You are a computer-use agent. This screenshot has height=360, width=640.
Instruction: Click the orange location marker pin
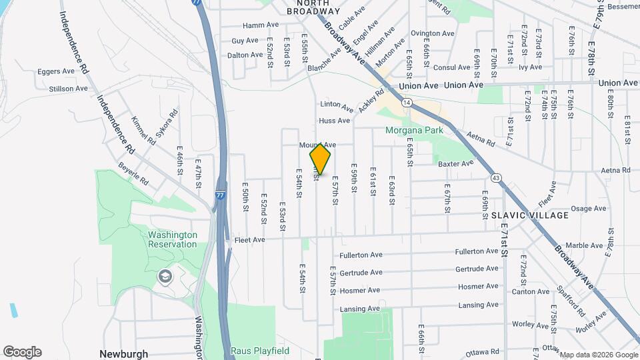point(320,159)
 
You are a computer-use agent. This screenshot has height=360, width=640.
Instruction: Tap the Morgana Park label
point(414,130)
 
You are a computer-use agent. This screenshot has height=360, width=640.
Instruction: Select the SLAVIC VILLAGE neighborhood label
point(530,215)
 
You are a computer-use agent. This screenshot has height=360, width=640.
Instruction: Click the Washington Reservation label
point(173,239)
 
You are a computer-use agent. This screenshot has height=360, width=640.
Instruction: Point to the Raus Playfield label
point(259,351)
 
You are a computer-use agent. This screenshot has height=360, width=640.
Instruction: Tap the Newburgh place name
point(123,354)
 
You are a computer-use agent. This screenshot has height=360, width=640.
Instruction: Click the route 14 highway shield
point(406,103)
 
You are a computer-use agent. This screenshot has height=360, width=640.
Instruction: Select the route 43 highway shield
point(495,177)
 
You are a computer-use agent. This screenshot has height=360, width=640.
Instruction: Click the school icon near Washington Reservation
point(164,276)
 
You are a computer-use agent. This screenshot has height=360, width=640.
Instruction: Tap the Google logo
point(22,352)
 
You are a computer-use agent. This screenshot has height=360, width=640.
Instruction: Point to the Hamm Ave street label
point(260,25)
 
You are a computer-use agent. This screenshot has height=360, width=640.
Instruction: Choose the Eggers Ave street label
point(56,71)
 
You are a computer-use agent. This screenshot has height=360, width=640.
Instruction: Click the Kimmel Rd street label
point(143,127)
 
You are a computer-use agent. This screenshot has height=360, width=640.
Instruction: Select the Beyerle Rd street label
point(133,173)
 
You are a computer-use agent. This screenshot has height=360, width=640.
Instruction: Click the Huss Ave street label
point(334,121)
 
